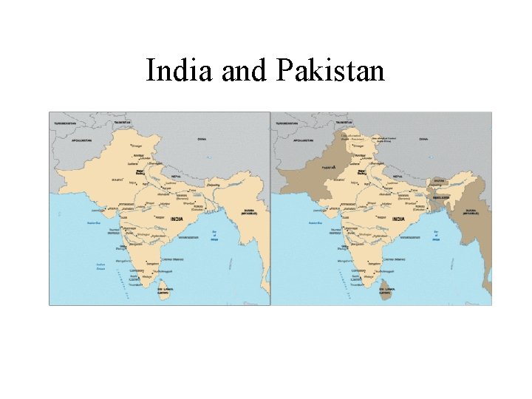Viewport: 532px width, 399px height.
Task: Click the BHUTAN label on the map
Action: tap(439, 180)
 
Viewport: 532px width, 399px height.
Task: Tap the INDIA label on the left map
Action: tap(178, 219)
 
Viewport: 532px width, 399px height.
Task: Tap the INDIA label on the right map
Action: tap(399, 219)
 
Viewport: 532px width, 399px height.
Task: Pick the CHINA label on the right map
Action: tap(424, 138)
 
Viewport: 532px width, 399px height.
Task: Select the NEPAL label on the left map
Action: tap(174, 177)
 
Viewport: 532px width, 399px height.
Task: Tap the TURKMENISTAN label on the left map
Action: tap(64, 121)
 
